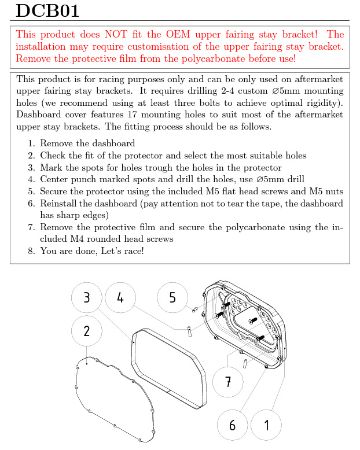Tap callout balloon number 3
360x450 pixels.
coord(87,298)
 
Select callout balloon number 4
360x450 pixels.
coord(120,298)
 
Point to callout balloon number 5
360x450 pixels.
coord(172,298)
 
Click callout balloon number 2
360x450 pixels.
coord(87,331)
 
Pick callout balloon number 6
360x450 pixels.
coord(232,425)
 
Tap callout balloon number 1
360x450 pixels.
coord(267,425)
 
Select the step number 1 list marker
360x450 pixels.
coord(32,143)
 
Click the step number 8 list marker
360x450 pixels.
coord(32,250)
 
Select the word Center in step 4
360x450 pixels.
coord(55,179)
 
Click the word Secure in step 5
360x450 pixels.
coord(55,191)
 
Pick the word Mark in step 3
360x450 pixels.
coord(51,168)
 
